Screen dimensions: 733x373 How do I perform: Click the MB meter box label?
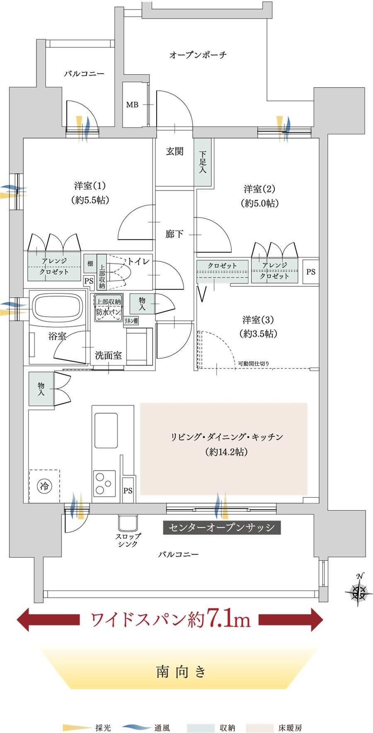(x=132, y=105)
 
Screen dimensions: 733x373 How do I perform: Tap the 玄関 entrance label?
(x=174, y=151)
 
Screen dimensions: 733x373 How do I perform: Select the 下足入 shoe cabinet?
(x=203, y=162)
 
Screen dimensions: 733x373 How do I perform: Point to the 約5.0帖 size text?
(x=259, y=203)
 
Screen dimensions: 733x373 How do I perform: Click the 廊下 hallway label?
(x=174, y=234)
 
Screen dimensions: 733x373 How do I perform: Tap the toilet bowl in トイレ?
(x=120, y=274)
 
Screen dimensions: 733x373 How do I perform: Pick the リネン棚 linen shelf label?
(x=131, y=320)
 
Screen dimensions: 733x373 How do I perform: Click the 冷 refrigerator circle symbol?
(x=44, y=486)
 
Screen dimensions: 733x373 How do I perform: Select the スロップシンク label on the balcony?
(x=128, y=540)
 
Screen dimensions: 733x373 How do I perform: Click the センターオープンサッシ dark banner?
(x=222, y=528)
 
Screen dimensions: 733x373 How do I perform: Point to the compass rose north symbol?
(x=358, y=591)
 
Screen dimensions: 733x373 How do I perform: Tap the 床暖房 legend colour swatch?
(x=259, y=728)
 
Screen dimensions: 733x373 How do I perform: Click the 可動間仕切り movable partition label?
(x=253, y=364)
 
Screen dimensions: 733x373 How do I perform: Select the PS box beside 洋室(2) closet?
(x=310, y=272)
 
